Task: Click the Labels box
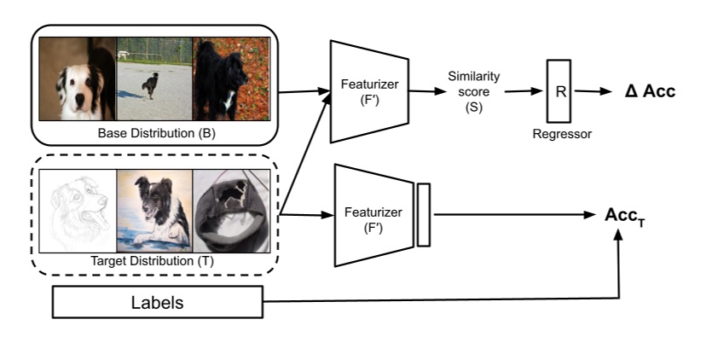tap(158, 302)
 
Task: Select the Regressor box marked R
tap(559, 91)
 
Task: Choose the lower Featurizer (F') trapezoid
tap(376, 215)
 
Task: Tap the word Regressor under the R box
tap(559, 135)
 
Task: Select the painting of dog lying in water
tap(154, 211)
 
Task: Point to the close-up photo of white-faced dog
tap(77, 79)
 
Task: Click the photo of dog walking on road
tap(153, 79)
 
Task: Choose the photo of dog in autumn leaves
tap(231, 79)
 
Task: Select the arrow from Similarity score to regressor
tap(521, 91)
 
